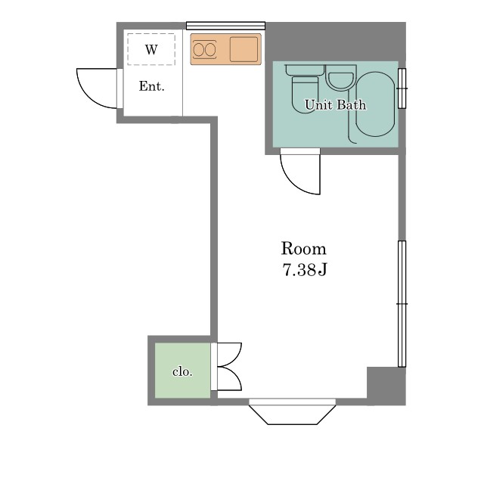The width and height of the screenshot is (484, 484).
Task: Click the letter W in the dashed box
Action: coord(151,49)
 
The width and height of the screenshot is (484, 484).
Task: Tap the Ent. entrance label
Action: coord(151,86)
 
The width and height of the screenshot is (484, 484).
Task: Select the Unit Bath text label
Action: coord(335,105)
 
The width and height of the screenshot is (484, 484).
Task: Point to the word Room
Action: coord(303,249)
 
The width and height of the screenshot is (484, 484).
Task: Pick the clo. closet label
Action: coord(182,371)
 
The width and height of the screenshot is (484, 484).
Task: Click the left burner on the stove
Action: coord(198,50)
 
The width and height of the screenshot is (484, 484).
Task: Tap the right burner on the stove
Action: coord(210,50)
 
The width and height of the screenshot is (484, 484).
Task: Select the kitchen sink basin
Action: coord(244,48)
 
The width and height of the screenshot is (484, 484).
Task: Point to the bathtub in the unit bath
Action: coord(375,104)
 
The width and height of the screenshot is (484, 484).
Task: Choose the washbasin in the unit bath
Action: coord(340,78)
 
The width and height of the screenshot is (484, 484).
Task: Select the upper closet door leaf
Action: coord(230,355)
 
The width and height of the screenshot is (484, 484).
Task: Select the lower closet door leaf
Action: coord(230,379)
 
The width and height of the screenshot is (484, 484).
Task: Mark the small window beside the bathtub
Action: coord(402,88)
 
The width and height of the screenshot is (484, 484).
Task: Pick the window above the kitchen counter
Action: coord(225,25)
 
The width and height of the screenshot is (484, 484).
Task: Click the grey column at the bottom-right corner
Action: coord(386,386)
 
